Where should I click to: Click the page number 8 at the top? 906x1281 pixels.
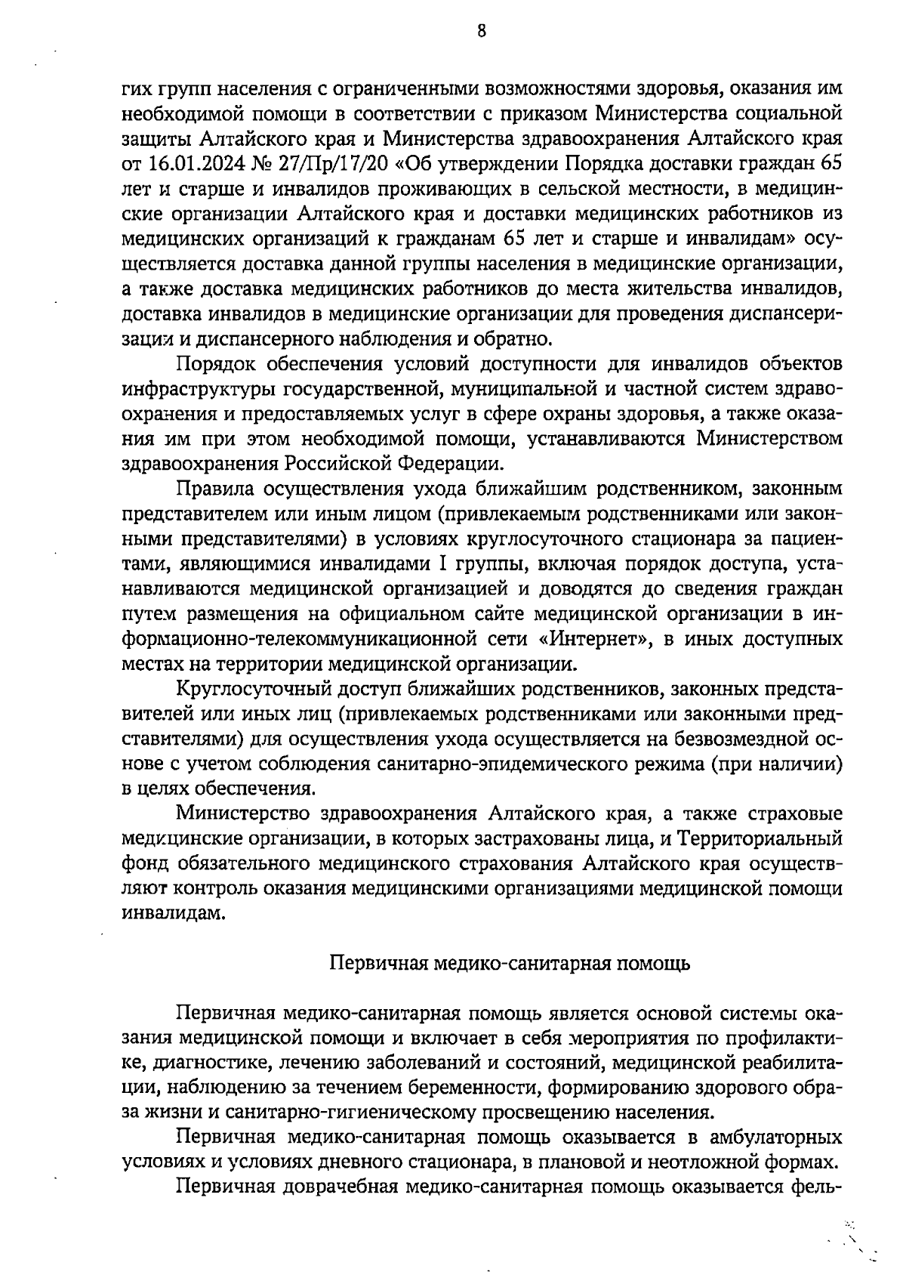tap(482, 31)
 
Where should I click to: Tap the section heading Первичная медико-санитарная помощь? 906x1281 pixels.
tap(510, 964)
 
